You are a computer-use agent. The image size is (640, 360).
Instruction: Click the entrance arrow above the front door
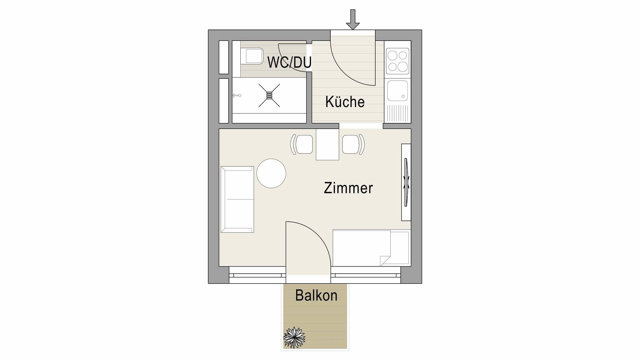(x=353, y=20)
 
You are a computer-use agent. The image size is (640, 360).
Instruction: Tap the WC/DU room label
(x=289, y=62)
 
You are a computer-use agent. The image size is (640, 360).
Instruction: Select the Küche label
(x=345, y=102)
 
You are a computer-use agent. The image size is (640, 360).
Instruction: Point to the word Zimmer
(x=348, y=188)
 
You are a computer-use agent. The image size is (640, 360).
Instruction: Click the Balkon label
(x=316, y=296)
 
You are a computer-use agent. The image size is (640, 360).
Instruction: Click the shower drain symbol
(x=269, y=95)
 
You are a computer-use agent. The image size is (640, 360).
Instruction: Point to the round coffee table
(x=271, y=173)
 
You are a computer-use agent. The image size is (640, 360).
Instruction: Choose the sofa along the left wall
(x=237, y=199)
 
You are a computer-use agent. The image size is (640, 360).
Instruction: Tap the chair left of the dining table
(x=303, y=144)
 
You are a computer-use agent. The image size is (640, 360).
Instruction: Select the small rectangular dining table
(x=327, y=145)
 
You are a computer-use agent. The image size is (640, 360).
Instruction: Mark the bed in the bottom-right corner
(x=371, y=248)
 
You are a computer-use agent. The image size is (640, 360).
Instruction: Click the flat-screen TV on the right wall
(x=406, y=183)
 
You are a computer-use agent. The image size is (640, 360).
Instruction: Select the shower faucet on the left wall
(x=236, y=96)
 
